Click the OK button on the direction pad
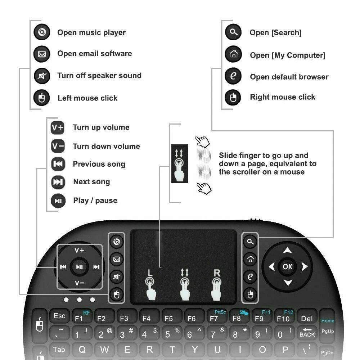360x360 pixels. pyautogui.click(x=287, y=267)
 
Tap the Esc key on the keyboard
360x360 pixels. pyautogui.click(x=59, y=316)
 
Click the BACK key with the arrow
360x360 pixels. pyautogui.click(x=307, y=333)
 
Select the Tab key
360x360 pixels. pyautogui.click(x=59, y=350)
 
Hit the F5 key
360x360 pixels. pyautogui.click(x=168, y=318)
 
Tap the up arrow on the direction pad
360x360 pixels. pyautogui.click(x=287, y=251)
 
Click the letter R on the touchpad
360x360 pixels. pyautogui.click(x=217, y=273)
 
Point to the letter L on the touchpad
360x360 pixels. pyautogui.click(x=149, y=273)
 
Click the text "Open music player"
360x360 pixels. pyautogui.click(x=91, y=33)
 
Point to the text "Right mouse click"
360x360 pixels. pyautogui.click(x=283, y=97)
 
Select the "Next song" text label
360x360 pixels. pyautogui.click(x=91, y=182)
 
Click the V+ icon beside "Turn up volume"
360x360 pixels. pyautogui.click(x=58, y=127)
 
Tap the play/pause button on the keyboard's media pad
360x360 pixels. pyautogui.click(x=80, y=267)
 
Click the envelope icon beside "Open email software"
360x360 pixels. pyautogui.click(x=42, y=54)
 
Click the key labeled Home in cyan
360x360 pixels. pyautogui.click(x=328, y=320)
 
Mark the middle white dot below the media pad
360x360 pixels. pyautogui.click(x=79, y=300)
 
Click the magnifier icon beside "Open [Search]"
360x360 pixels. pyautogui.click(x=234, y=32)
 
